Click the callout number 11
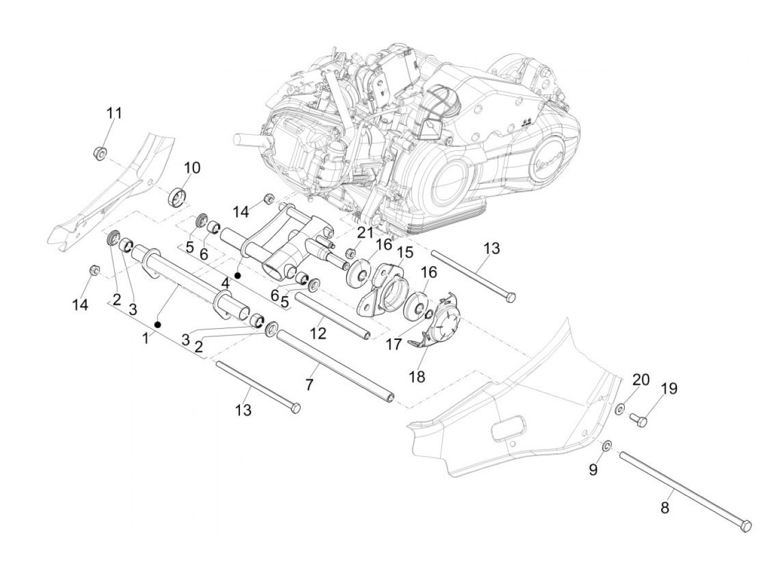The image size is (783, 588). (x=114, y=113)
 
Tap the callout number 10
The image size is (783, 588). (x=192, y=168)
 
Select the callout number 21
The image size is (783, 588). (x=365, y=232)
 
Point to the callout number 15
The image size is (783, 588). (x=405, y=252)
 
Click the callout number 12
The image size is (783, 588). (x=318, y=333)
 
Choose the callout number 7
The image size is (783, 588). (x=309, y=385)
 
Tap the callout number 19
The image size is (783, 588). (x=669, y=388)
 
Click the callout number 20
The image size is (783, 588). (x=641, y=380)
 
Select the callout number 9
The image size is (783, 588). (x=593, y=470)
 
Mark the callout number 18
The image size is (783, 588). (x=417, y=376)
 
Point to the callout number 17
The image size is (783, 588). (x=394, y=345)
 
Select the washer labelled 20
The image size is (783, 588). (x=620, y=409)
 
